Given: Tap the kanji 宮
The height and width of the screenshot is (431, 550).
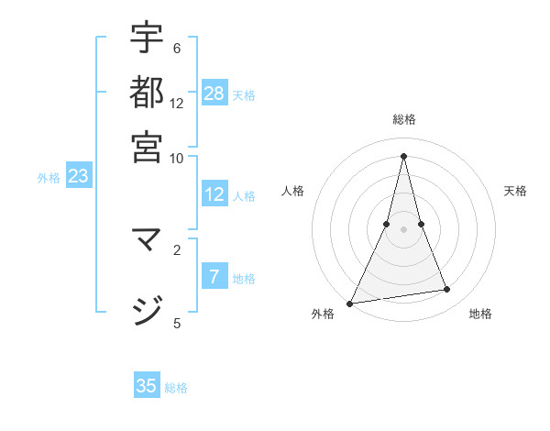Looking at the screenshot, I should point(147,146).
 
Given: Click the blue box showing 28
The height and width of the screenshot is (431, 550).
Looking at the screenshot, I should point(214,93).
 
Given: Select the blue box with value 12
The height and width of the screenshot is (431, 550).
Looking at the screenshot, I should point(214,194).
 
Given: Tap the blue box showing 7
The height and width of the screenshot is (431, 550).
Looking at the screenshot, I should point(214,277).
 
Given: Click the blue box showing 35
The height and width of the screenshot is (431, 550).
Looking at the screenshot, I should point(147,386).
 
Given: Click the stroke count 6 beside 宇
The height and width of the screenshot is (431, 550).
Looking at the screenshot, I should point(176,49).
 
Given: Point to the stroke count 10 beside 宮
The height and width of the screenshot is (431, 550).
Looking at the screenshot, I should point(176,158).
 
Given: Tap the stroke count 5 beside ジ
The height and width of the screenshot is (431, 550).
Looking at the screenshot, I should point(176,323).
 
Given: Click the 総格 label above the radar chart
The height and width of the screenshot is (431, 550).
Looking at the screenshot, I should point(403,119).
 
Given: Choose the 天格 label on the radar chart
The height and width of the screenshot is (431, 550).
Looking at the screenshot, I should point(515,191).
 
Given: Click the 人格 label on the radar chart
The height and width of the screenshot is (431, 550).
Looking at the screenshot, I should point(292,191).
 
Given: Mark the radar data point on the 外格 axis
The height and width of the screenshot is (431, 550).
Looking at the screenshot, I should point(350,303).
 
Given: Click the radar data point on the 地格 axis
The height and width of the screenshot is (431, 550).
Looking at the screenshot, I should point(447,290).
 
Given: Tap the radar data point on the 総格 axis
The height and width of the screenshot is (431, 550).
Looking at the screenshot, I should point(403,156).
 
